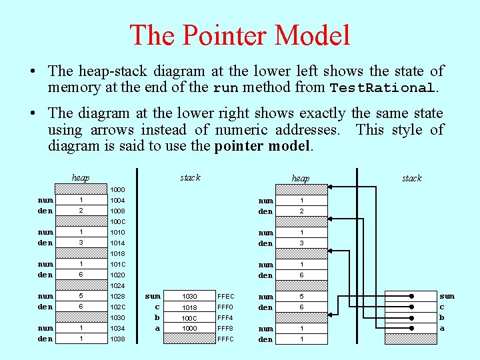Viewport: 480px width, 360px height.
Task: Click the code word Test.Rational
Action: tap(382, 88)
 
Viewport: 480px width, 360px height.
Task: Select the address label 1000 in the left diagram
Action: tap(117, 190)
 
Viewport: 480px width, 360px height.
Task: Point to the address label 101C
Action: tap(117, 265)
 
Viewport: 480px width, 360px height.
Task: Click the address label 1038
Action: tap(117, 339)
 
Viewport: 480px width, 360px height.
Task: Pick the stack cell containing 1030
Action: tap(190, 296)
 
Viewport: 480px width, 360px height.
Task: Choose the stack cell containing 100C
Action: tap(190, 317)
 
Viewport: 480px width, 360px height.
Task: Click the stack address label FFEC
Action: tap(226, 296)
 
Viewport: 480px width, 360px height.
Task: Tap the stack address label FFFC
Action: tap(226, 339)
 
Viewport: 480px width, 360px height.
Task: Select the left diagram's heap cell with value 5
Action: tap(81, 296)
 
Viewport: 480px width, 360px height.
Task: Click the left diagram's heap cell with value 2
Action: tap(81, 211)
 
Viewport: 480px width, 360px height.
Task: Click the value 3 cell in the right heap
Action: tap(301, 243)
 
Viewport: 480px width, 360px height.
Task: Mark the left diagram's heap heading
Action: tap(81, 178)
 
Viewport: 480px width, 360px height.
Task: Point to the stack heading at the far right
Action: tap(411, 178)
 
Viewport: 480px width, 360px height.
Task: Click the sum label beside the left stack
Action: tap(153, 296)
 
